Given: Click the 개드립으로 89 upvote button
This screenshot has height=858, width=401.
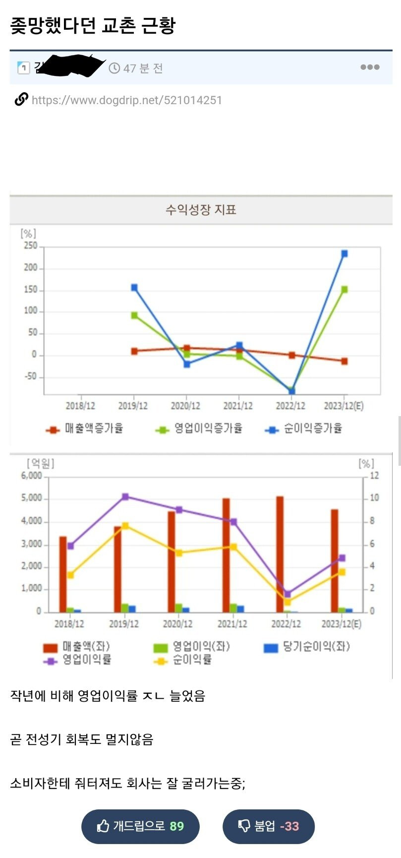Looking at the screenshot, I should coord(140,826).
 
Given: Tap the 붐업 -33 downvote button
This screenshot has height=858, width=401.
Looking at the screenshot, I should coord(269,826).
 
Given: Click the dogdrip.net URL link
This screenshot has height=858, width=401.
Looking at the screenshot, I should coord(126,100).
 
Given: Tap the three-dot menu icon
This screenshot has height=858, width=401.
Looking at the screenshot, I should coord(370,67).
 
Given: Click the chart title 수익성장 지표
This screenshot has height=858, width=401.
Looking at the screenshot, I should coord(201,210).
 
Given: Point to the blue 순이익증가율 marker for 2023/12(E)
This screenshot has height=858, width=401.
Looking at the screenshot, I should coord(344,254).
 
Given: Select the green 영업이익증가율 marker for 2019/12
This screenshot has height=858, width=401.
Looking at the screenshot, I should coord(134,315).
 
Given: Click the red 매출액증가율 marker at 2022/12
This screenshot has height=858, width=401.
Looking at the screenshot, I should coord(292,355).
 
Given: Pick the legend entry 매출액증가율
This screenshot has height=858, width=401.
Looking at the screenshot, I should coord(85,429).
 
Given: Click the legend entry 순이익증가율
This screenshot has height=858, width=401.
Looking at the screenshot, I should coord(304,429).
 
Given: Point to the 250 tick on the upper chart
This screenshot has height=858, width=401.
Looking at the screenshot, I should coord(31,246).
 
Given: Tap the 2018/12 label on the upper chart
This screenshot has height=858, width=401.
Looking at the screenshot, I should coord(80,406).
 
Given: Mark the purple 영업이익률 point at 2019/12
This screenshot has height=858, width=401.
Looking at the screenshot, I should coord(125,496).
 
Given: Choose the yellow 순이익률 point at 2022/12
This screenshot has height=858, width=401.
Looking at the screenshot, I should coord(287,602).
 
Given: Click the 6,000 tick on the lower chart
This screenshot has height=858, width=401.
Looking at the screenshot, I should coord(32,476).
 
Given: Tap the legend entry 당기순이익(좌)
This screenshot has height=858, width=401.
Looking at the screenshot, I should coord(307,647).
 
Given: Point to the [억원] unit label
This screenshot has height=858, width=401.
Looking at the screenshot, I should coord(41,464).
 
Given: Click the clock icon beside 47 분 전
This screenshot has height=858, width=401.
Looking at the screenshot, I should coord(115,68).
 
